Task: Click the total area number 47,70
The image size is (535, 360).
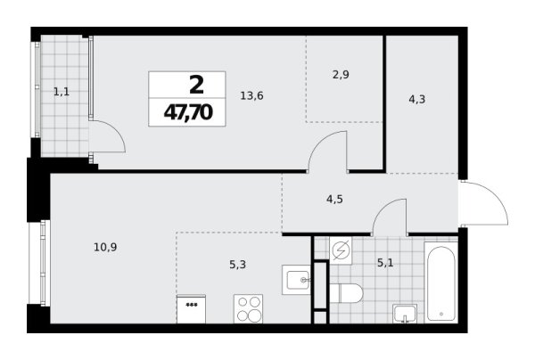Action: pos(188,112)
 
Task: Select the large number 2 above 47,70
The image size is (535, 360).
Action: pos(196,86)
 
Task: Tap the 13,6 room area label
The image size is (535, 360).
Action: pos(251,96)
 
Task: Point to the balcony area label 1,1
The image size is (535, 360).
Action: pos(62,92)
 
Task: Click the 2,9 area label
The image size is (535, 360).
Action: pos(341,74)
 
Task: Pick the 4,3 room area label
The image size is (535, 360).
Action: pos(417,100)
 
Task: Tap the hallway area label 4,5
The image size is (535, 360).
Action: pos(334,199)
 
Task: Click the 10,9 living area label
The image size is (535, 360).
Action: pos(105,247)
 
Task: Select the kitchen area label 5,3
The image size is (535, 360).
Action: pos(238,264)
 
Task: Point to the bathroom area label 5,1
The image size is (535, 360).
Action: pos(385,263)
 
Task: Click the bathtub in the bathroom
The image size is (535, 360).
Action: pos(440,282)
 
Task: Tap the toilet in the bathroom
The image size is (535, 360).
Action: pos(345,293)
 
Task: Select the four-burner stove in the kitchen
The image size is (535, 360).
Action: pos(249,309)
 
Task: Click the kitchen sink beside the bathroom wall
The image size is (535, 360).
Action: pos(296,280)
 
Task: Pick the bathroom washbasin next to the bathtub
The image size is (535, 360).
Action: pos(405,314)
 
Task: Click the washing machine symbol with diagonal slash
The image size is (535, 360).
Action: pos(341,251)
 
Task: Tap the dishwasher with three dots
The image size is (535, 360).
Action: pos(192,309)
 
